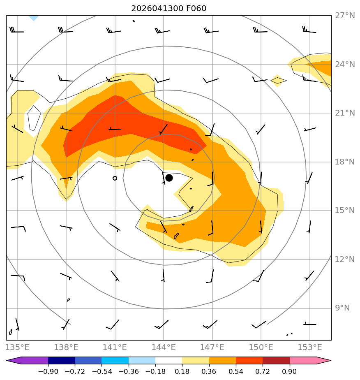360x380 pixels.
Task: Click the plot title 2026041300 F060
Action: pyautogui.click(x=169, y=9)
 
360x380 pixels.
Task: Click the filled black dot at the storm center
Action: pyautogui.click(x=169, y=178)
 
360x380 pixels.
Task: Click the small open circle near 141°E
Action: pyautogui.click(x=115, y=178)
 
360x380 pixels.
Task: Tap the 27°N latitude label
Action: pyautogui.click(x=345, y=16)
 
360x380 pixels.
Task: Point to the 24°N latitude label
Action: pyautogui.click(x=345, y=65)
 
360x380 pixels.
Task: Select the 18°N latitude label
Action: pyautogui.click(x=345, y=162)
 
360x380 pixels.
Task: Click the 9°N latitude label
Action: pyautogui.click(x=342, y=308)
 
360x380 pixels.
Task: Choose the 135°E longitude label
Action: pyautogui.click(x=17, y=347)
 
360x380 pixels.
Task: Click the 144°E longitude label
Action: pyautogui.click(x=164, y=347)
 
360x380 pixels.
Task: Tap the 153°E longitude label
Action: pyautogui.click(x=309, y=347)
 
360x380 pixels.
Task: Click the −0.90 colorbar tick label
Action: pyautogui.click(x=48, y=371)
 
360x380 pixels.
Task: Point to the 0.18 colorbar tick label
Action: pyautogui.click(x=182, y=371)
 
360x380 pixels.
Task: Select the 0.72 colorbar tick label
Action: pyautogui.click(x=263, y=371)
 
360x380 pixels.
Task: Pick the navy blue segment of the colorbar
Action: pyautogui.click(x=62, y=361)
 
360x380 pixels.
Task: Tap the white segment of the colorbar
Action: pyautogui.click(x=168, y=361)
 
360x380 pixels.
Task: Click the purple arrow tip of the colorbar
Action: pyautogui.click(x=7, y=361)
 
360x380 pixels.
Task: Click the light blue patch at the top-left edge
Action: pyautogui.click(x=34, y=18)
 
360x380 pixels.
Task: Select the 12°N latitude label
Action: pyautogui.click(x=345, y=260)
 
